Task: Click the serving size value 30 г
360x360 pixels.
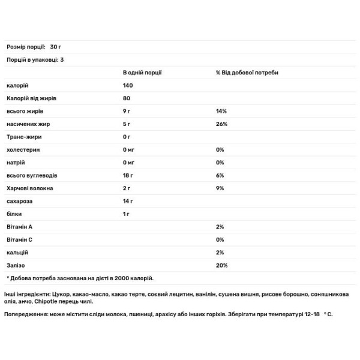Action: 56,47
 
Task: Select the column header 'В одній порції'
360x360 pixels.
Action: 142,73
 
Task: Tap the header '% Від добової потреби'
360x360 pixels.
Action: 247,73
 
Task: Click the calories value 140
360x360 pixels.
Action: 128,86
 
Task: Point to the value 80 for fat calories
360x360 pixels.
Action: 126,98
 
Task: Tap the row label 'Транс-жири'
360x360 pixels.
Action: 23,137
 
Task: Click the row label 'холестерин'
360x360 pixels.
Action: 23,149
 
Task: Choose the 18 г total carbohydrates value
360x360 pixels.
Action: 128,175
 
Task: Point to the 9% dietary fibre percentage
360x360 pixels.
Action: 220,188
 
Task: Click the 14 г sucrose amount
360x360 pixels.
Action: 128,201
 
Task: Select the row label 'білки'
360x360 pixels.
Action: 14,214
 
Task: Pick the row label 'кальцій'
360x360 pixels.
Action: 17,251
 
